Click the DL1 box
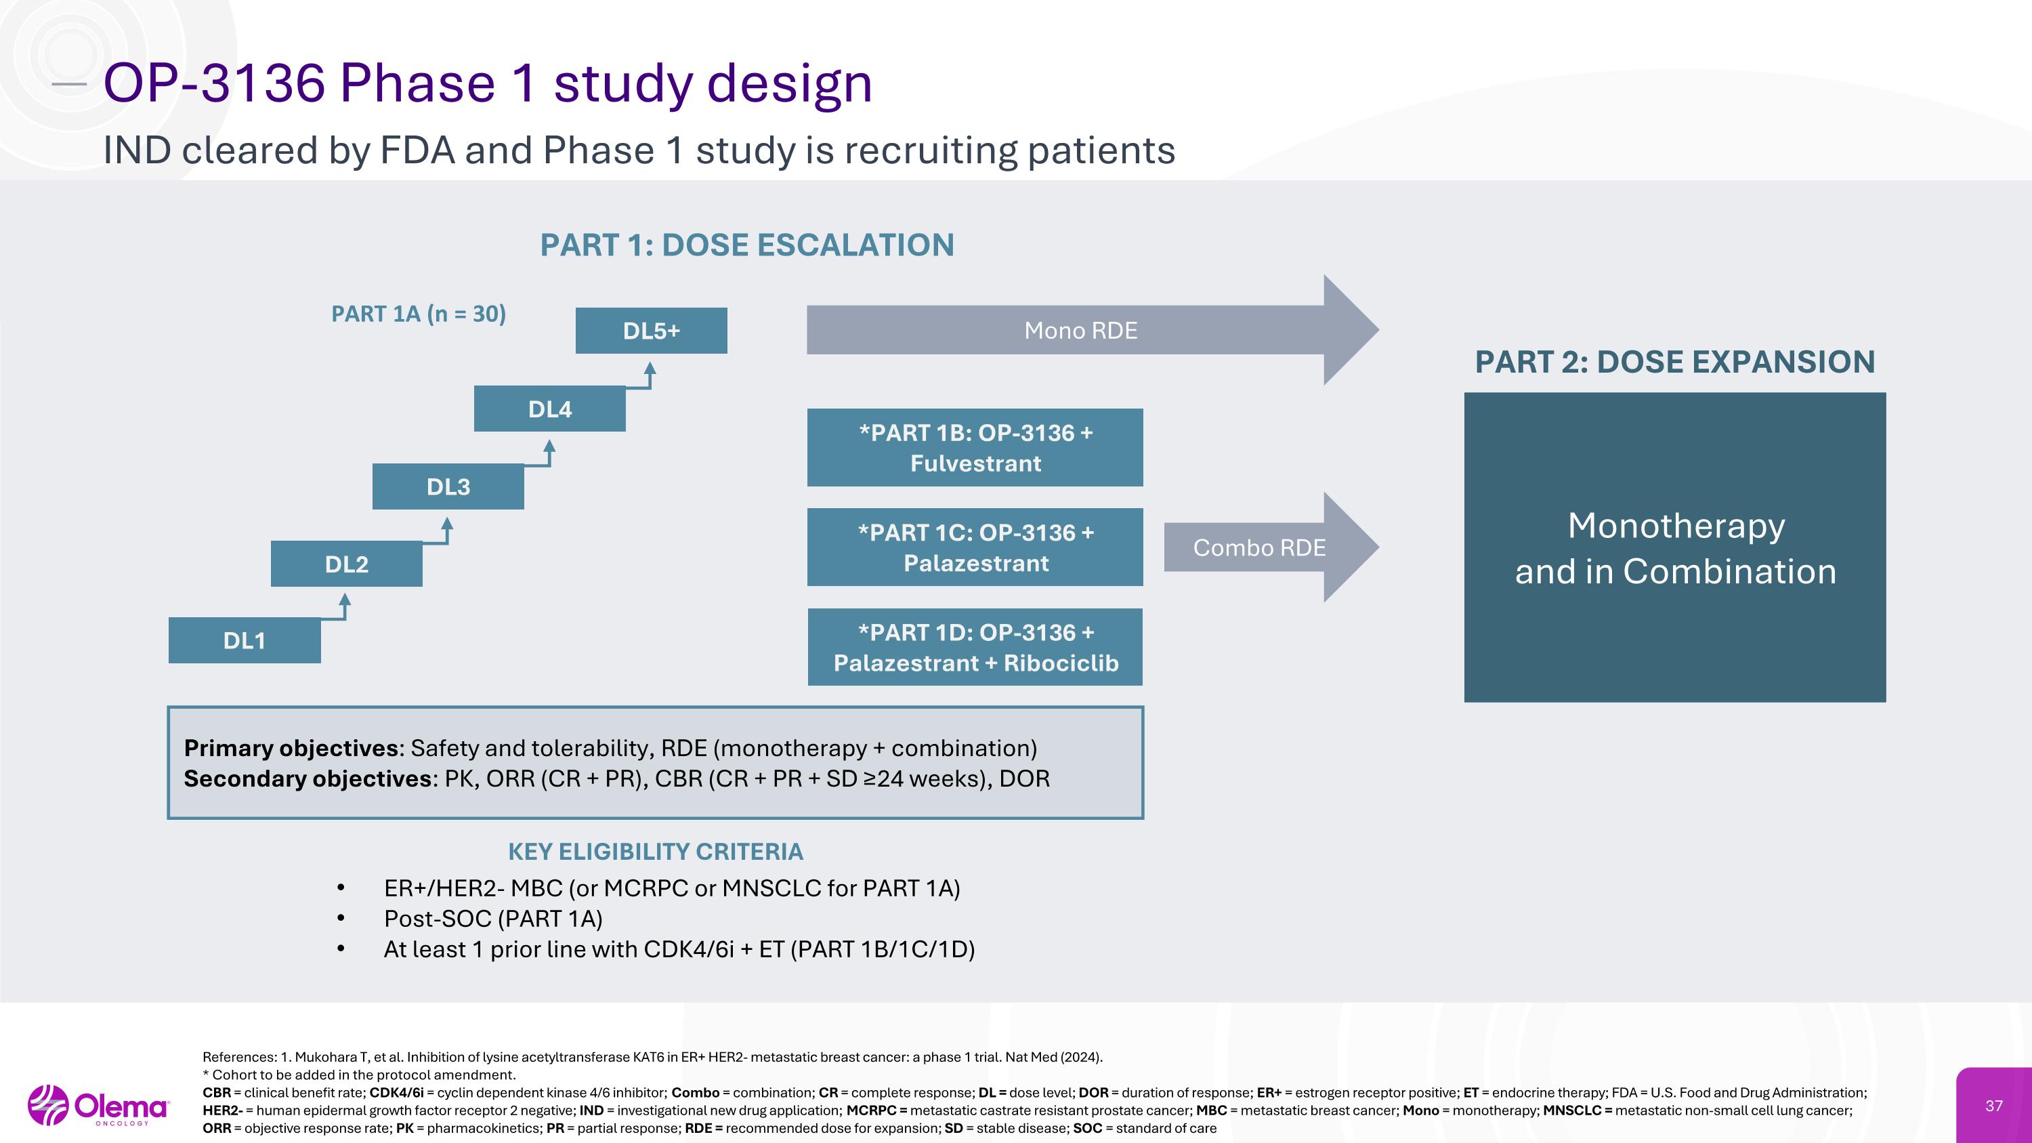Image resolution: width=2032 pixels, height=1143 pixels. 245,640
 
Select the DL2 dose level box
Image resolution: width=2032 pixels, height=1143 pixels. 346,564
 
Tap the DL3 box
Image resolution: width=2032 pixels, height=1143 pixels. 448,486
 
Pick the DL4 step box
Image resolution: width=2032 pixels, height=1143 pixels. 550,409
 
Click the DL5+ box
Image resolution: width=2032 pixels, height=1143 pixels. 651,331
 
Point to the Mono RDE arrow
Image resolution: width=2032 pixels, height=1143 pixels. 1080,331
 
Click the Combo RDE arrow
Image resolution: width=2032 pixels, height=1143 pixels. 1259,547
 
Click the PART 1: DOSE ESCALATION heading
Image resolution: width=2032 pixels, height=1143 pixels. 747,245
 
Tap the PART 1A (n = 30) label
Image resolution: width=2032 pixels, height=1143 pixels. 418,314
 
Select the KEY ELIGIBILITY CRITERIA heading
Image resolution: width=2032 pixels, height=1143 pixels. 656,852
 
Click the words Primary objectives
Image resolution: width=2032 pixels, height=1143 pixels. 291,748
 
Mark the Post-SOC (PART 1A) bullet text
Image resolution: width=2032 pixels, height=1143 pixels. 493,919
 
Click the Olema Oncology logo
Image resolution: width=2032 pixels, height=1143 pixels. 99,1106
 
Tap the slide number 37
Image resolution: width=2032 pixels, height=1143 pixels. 1993,1106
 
